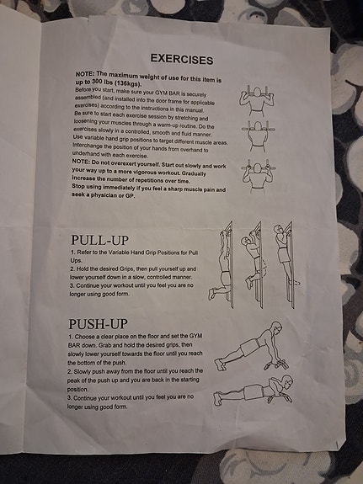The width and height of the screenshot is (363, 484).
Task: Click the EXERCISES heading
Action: (x=182, y=59)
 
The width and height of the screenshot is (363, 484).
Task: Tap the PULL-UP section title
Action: (x=99, y=240)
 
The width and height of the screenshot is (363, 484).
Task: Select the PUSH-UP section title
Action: (x=98, y=324)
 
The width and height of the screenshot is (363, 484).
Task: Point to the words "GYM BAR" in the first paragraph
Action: (x=165, y=93)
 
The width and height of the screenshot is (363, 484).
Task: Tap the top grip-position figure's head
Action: (x=257, y=92)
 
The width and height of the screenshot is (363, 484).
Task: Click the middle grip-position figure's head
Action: (x=258, y=126)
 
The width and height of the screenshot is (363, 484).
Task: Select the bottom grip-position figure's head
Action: (x=258, y=168)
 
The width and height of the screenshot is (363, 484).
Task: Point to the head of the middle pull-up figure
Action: (x=246, y=241)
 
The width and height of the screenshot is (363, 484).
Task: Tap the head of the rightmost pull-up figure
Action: (x=277, y=229)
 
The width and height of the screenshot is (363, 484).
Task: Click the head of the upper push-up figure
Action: (x=275, y=327)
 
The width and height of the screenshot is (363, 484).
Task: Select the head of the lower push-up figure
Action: (x=287, y=382)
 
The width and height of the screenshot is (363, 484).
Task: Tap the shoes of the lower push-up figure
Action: (x=217, y=398)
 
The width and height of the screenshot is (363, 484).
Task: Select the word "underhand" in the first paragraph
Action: (x=84, y=154)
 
